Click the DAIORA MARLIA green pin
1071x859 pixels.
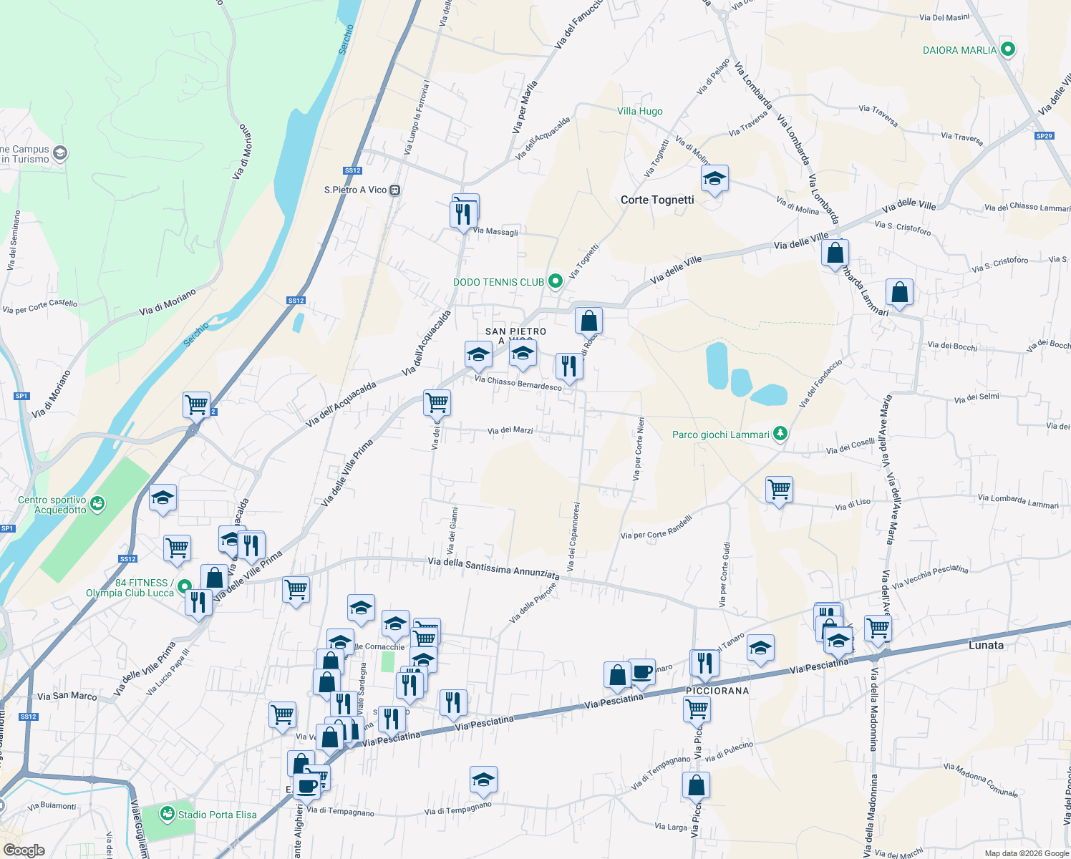pos(1008,49)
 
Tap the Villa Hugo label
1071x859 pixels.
pos(640,111)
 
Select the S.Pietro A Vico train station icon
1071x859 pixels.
pos(394,190)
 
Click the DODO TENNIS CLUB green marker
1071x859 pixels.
pos(555,282)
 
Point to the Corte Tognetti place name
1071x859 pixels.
pos(657,200)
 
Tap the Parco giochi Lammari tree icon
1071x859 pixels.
pos(780,434)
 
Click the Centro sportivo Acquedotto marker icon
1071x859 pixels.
pos(98,504)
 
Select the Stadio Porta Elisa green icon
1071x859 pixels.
pos(168,814)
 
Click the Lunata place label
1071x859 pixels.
pos(986,645)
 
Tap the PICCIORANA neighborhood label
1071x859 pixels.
pos(717,691)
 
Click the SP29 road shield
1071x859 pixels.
pos(1044,136)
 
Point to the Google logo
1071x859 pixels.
pos(24,850)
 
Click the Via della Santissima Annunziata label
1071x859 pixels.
pos(493,568)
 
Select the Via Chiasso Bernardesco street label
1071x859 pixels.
pos(518,383)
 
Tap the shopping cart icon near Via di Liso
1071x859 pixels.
pos(779,490)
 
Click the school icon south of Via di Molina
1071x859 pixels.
pos(714,179)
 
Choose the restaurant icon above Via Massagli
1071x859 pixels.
pos(463,213)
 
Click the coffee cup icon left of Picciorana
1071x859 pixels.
pos(641,671)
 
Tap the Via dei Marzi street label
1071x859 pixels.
pos(510,430)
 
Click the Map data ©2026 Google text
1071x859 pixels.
pos(1027,853)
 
